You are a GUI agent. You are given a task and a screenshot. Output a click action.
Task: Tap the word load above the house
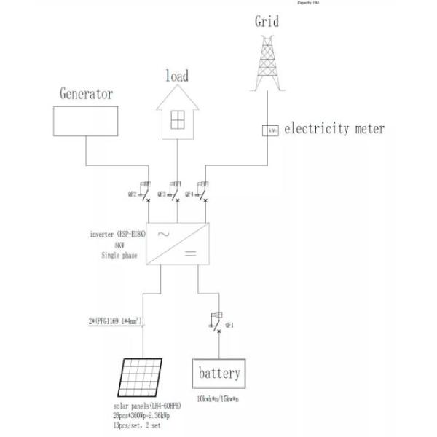177,76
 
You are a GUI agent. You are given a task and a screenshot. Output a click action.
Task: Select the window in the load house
176,119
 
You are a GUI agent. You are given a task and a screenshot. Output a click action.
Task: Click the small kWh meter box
269,130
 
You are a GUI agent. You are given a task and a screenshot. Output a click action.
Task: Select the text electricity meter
334,130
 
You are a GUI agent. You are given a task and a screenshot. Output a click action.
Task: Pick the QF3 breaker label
162,194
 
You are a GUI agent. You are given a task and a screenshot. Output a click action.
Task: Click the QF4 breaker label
189,194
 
